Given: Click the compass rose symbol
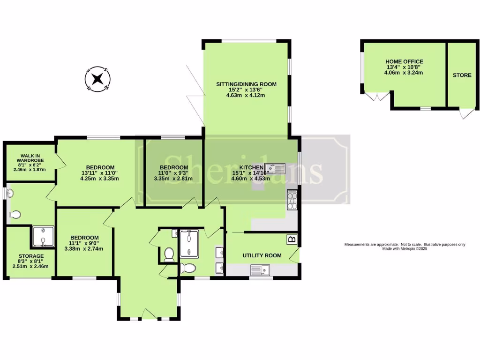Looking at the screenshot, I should (97, 79).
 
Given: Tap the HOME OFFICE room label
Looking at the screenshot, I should (404, 61).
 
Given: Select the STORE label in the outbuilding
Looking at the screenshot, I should (462, 75).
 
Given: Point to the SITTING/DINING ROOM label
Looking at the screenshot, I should (246, 84).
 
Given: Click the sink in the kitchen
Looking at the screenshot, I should (275, 168).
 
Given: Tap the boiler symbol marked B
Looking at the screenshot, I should (292, 240).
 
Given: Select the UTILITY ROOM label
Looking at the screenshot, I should (262, 255).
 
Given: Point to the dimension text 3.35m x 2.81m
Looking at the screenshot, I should (174, 179).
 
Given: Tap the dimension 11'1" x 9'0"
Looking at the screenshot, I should (84, 243).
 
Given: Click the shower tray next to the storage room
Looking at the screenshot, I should (43, 236).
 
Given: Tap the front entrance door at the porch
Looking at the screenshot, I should (148, 315).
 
